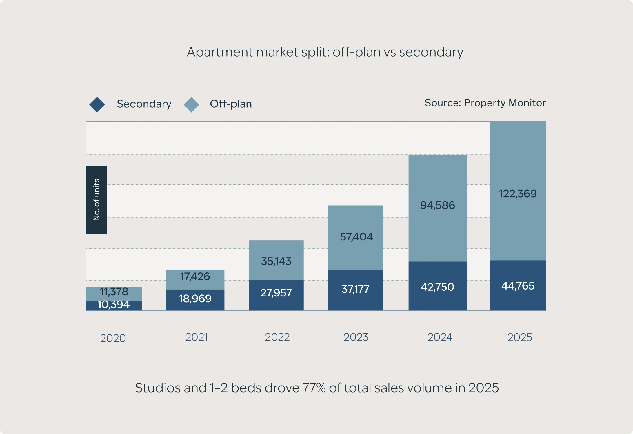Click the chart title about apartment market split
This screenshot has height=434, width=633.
[325, 52]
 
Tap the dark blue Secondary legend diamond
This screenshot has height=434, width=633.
[97, 104]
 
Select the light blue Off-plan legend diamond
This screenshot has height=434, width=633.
[191, 104]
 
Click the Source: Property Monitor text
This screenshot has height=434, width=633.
[485, 103]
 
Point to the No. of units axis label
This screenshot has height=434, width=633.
[96, 200]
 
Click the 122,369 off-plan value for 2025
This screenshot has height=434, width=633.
[518, 194]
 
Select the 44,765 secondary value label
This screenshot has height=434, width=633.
[518, 286]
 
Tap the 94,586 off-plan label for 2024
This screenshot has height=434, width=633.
[437, 205]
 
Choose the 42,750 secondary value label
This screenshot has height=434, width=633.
[437, 287]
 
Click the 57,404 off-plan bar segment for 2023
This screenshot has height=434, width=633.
[356, 237]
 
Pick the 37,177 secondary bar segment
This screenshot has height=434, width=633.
[355, 289]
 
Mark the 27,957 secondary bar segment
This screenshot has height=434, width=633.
[276, 293]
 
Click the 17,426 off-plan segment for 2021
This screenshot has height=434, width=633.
[195, 277]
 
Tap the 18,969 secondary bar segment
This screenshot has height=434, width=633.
[195, 299]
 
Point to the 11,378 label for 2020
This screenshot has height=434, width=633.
[114, 292]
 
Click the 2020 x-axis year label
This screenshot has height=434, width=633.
[113, 338]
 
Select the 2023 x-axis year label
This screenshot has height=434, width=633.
[356, 337]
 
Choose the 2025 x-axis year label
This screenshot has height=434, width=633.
[520, 337]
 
